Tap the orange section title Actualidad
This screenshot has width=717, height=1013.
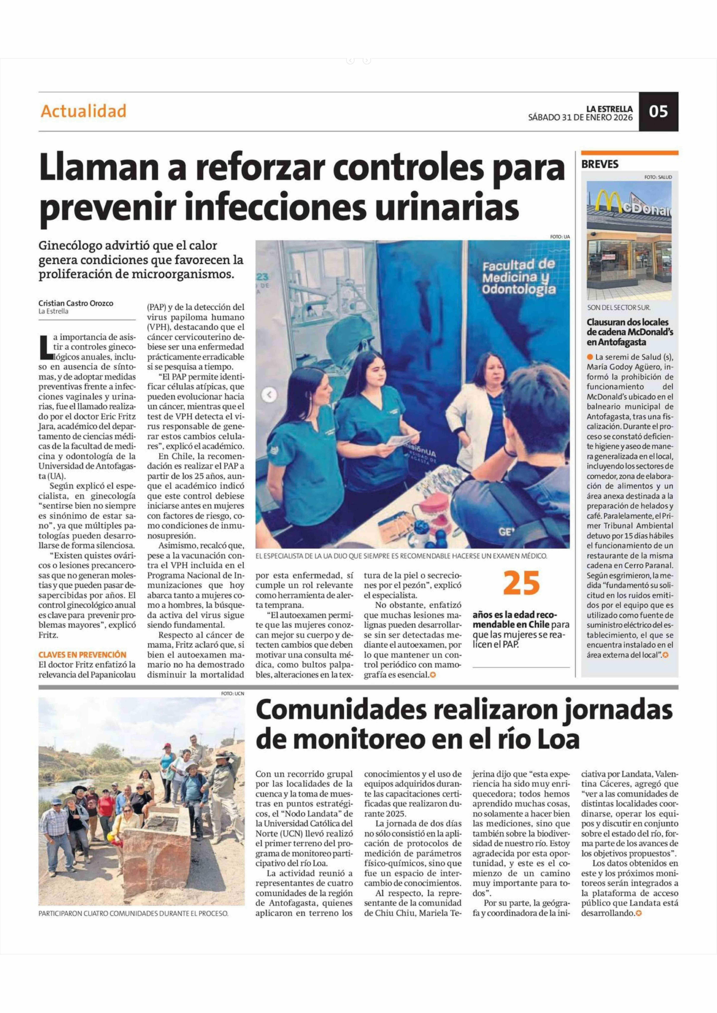pyautogui.click(x=83, y=111)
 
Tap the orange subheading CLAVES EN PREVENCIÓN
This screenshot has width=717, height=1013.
pyautogui.click(x=82, y=655)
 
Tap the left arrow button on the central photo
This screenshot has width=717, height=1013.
pyautogui.click(x=269, y=395)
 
